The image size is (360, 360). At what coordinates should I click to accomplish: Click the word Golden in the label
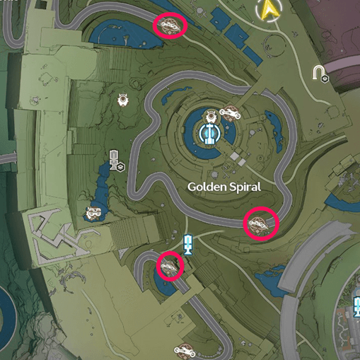point(205,187)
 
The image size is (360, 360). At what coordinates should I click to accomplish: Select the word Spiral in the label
point(244,187)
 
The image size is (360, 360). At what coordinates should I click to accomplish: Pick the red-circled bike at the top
point(170,26)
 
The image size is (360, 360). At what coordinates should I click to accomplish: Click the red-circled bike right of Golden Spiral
point(260,224)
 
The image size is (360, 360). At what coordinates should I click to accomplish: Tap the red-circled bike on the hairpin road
point(169,266)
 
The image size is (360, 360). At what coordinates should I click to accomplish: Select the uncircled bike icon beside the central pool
point(230,112)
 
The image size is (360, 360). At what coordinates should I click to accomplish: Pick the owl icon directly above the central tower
point(210,116)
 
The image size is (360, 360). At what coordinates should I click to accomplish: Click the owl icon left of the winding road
point(124,100)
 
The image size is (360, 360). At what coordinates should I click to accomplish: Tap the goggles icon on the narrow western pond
point(93,211)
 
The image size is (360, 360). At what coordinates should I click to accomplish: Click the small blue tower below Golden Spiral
point(188,244)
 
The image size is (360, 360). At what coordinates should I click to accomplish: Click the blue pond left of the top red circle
point(120,32)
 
